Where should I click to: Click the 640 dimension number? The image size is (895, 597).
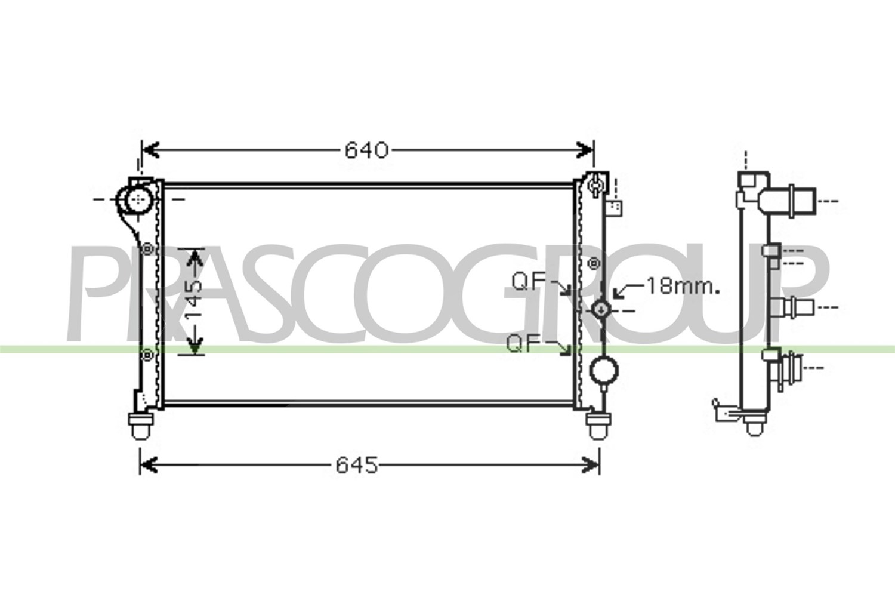tap(366, 150)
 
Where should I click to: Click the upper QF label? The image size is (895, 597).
tap(526, 282)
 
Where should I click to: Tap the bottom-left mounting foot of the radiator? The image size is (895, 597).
tap(140, 426)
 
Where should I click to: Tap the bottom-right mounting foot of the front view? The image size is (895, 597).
tap(598, 426)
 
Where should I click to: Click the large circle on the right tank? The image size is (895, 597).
tap(604, 371)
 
